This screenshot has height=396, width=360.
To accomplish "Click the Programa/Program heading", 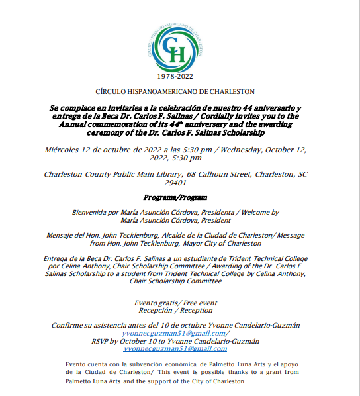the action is [x=175, y=197].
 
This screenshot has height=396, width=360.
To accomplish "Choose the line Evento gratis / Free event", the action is [x=175, y=302].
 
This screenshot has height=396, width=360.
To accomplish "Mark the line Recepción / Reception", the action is [x=175, y=310].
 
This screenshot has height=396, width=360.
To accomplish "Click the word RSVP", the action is [x=102, y=341].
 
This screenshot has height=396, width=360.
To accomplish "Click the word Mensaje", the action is [x=62, y=235].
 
